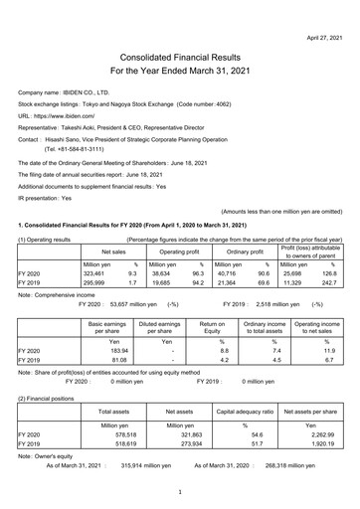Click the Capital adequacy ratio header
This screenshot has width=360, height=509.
pos(244,411)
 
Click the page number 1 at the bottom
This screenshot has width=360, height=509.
pos(179,492)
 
